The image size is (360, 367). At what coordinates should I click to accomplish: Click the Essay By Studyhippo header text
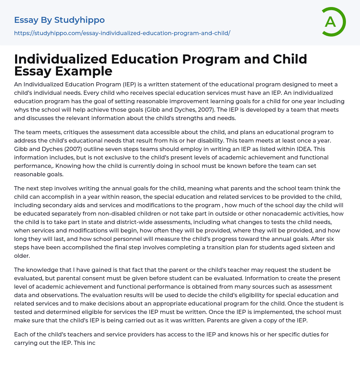[x=59, y=20]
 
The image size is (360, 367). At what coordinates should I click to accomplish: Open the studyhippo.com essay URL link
[x=122, y=33]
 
